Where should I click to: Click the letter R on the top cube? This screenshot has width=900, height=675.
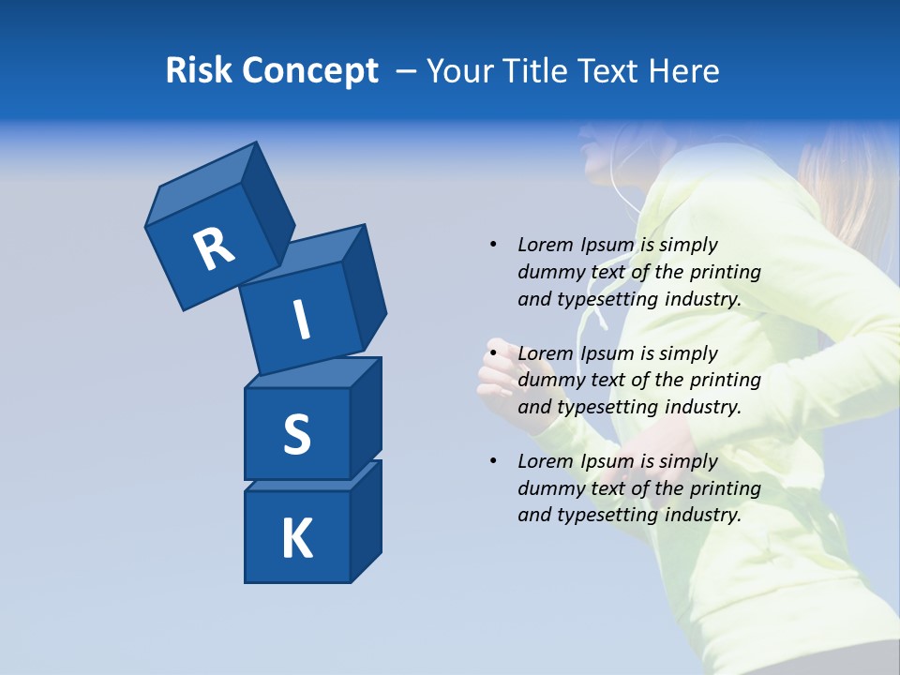214,249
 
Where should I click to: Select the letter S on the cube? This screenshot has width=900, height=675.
296,435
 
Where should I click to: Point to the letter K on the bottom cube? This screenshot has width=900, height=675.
296,539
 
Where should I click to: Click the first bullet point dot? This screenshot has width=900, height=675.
492,245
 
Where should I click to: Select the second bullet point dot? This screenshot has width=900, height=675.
492,353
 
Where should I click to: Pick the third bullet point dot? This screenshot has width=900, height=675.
492,461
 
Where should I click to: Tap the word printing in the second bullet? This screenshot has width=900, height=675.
725,381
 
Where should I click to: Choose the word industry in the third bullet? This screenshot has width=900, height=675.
702,515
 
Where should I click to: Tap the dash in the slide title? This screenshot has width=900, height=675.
407,70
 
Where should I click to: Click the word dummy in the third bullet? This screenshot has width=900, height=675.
549,488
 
